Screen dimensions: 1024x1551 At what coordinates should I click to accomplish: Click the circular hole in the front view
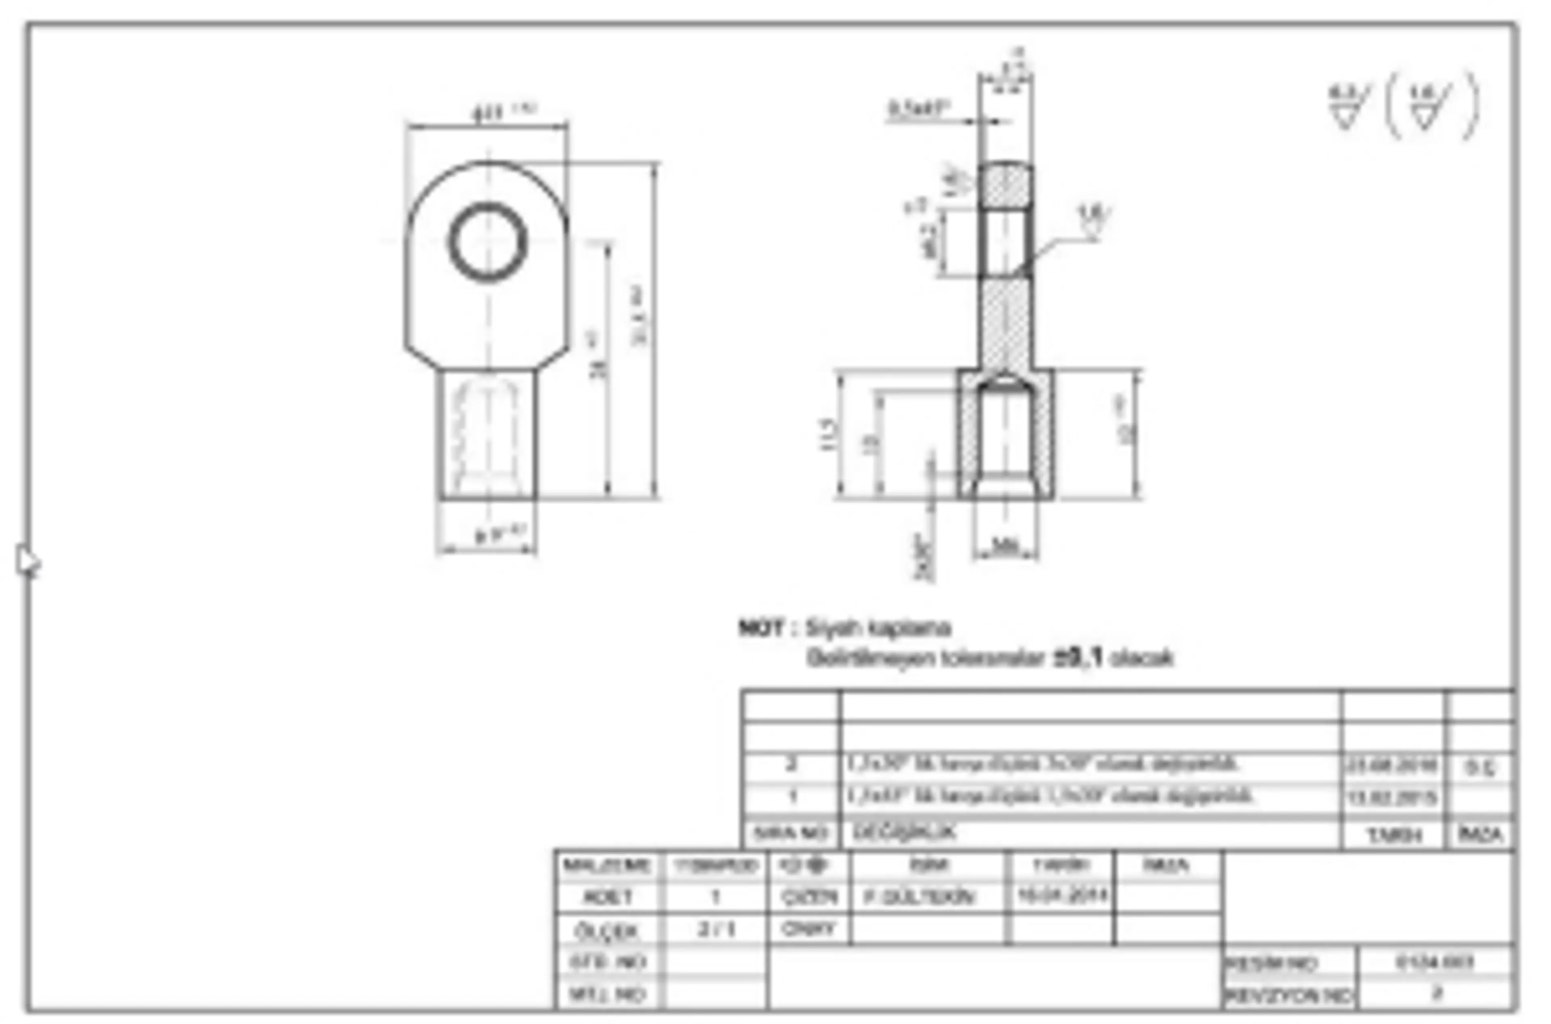(x=488, y=242)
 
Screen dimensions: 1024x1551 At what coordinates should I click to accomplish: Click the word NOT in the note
(x=760, y=628)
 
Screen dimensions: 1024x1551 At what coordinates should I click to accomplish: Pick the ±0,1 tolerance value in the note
(x=1077, y=657)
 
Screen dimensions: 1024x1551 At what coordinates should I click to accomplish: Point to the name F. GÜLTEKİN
(x=919, y=897)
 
